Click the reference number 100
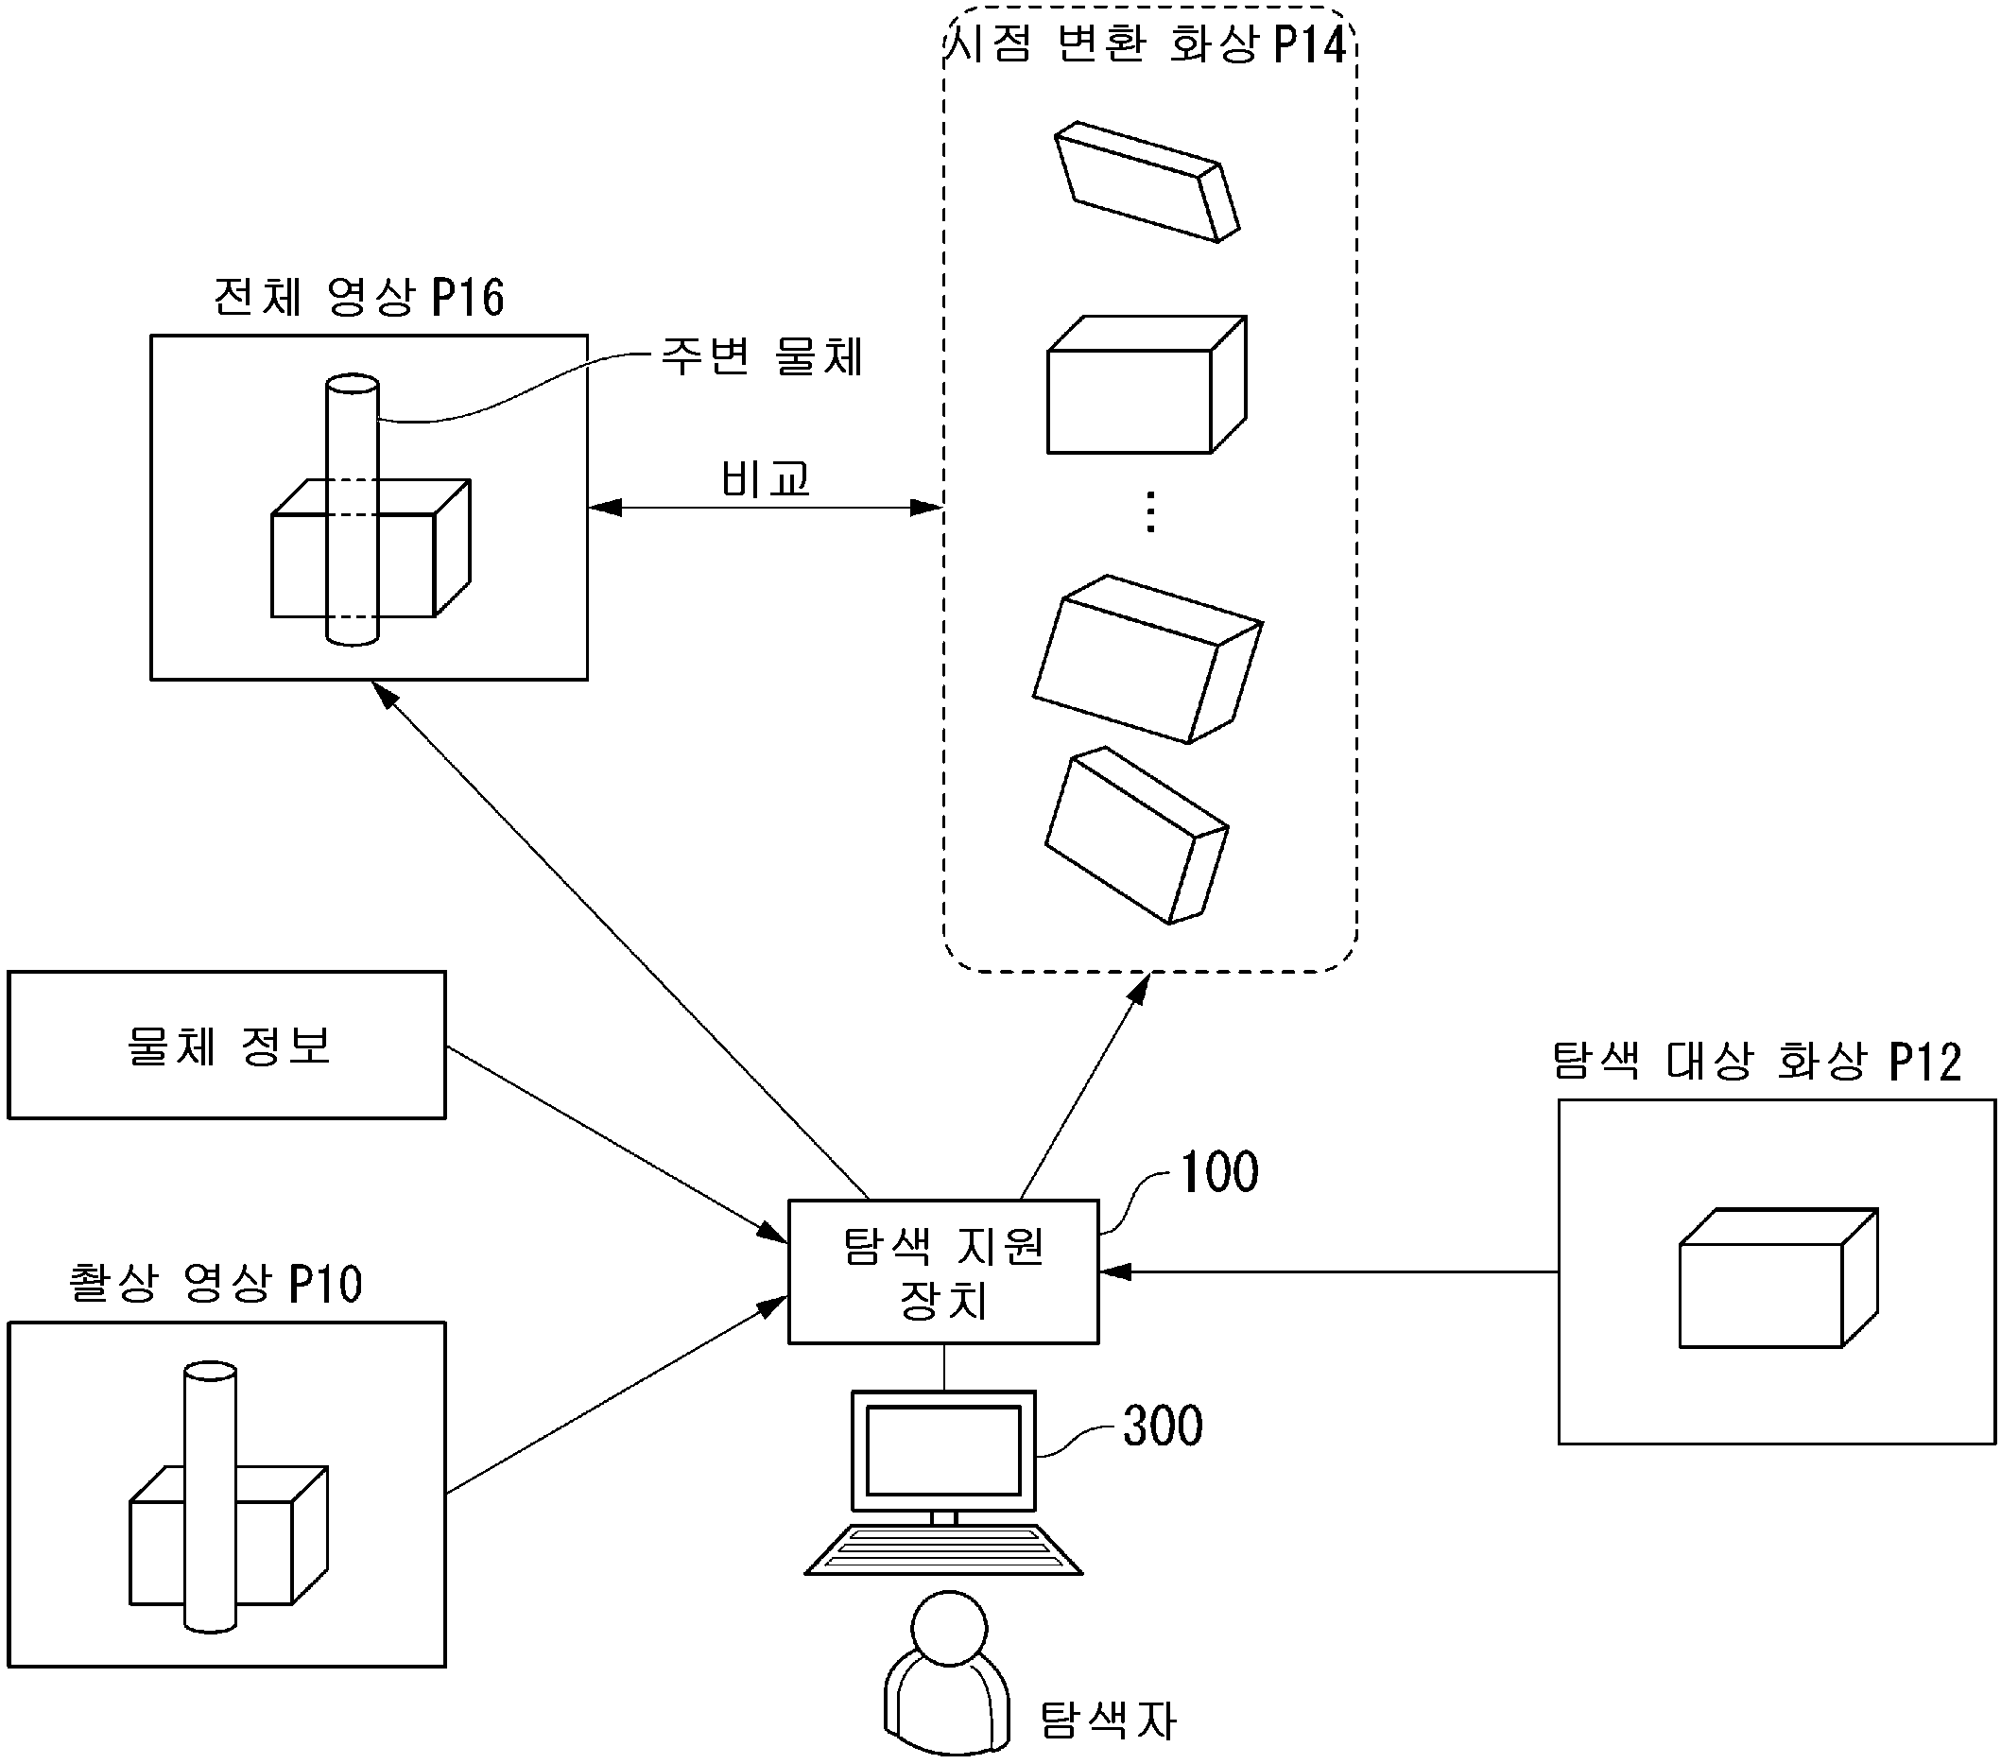1218,1172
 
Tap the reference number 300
1162,1426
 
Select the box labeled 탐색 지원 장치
942,1271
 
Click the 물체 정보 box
226,1045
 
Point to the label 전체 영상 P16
358,297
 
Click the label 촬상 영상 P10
216,1284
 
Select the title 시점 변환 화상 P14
1148,44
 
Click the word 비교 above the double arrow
766,478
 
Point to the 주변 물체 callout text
763,356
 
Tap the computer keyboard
942,1549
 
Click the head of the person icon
949,1628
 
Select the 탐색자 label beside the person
1107,1719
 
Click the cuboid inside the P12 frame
1778,1278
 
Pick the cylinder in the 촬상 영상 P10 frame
211,1497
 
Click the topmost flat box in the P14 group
1147,182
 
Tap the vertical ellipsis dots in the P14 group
1150,512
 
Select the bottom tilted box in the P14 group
1135,836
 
